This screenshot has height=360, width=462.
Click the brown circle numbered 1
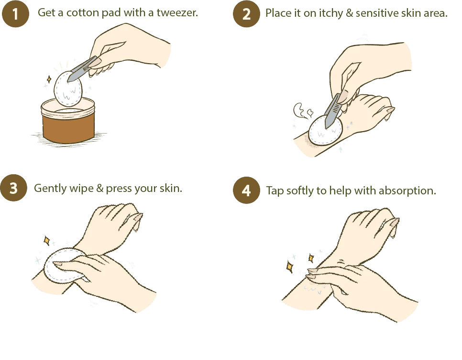tap(15, 13)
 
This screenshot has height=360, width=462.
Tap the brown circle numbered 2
tap(246, 13)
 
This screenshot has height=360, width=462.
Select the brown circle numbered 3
tap(13, 188)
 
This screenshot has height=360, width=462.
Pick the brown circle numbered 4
tap(246, 190)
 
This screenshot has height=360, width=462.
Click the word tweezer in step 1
tap(177, 12)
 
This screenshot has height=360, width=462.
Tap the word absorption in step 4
tap(407, 191)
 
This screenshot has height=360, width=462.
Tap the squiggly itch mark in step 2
tap(303, 111)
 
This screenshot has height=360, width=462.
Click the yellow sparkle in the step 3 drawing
tap(46, 241)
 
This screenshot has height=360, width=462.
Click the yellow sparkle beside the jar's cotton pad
tap(49, 79)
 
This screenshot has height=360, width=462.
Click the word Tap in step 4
tap(275, 191)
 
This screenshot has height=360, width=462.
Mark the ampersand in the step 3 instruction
tap(100, 189)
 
